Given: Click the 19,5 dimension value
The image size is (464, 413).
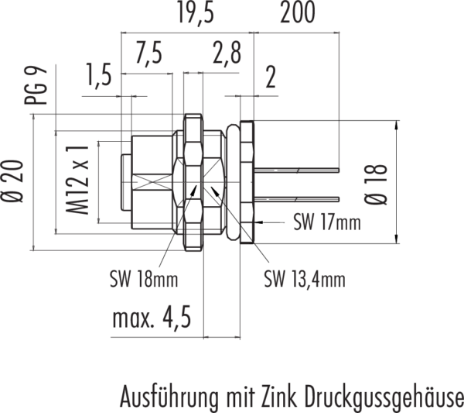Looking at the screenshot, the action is [196, 12].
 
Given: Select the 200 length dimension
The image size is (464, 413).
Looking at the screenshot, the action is [298, 12].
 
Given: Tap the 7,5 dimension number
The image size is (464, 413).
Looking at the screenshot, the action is [148, 53].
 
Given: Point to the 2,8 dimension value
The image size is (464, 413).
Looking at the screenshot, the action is [227, 53].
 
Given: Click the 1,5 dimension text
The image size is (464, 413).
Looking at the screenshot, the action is [99, 74].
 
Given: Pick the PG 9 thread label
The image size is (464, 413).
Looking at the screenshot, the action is [36, 85].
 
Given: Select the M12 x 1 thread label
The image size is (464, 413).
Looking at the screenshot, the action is [77, 180].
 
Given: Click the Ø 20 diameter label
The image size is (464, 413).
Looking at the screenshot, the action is [12, 181].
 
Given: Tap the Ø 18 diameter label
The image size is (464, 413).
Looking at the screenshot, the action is [376, 184].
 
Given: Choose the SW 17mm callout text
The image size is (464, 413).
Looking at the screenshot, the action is [327, 222].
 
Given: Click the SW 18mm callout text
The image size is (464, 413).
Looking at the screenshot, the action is [144, 279].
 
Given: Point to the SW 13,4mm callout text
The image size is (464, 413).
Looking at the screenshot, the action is [305, 279].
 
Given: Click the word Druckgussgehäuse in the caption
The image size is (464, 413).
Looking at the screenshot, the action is [384, 397].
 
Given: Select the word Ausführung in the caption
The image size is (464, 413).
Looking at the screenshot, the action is [169, 396].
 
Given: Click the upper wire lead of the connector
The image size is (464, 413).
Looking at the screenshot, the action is [296, 170].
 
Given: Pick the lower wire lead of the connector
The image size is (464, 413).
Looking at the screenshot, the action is [296, 199].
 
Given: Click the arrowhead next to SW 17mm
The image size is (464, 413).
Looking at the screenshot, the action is [258, 222].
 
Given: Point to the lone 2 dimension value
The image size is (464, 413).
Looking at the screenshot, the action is [271, 77].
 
